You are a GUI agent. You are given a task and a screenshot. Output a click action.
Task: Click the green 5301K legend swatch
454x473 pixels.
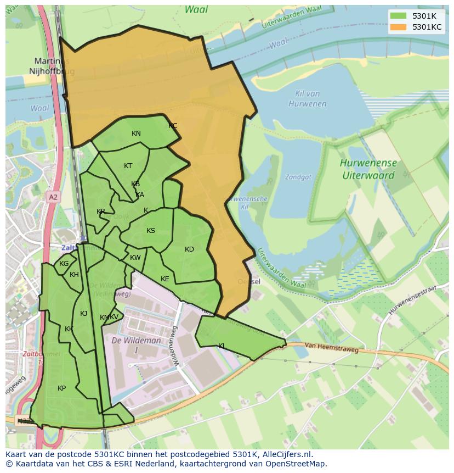[398, 16]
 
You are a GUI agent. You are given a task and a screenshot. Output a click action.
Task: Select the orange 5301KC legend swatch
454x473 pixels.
[398, 27]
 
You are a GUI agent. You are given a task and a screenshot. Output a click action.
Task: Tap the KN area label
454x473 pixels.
[136, 133]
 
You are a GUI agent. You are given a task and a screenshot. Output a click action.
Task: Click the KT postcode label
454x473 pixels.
[128, 166]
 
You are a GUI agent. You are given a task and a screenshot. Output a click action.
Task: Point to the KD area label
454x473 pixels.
[189, 249]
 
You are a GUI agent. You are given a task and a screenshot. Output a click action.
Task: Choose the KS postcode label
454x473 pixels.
[151, 231]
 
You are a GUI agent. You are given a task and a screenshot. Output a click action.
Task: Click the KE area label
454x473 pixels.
[165, 279]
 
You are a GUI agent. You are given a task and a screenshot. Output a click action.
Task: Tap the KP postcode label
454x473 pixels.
[62, 388]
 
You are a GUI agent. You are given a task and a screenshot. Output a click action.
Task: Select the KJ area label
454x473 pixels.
[83, 314]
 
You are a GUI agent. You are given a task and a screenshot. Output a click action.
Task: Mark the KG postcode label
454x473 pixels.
[64, 264]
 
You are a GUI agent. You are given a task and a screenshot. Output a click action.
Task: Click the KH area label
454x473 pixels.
[74, 275]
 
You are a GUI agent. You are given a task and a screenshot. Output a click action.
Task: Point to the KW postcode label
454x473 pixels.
[135, 258]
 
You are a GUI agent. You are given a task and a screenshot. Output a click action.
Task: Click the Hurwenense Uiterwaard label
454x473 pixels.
[368, 169]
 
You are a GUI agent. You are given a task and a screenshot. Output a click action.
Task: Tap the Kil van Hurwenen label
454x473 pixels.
[307, 99]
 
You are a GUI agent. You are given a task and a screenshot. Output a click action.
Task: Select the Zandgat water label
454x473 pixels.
[298, 177]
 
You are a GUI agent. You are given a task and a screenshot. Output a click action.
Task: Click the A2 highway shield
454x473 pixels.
[53, 197]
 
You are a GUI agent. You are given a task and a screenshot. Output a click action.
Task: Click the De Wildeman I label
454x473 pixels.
[136, 345]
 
